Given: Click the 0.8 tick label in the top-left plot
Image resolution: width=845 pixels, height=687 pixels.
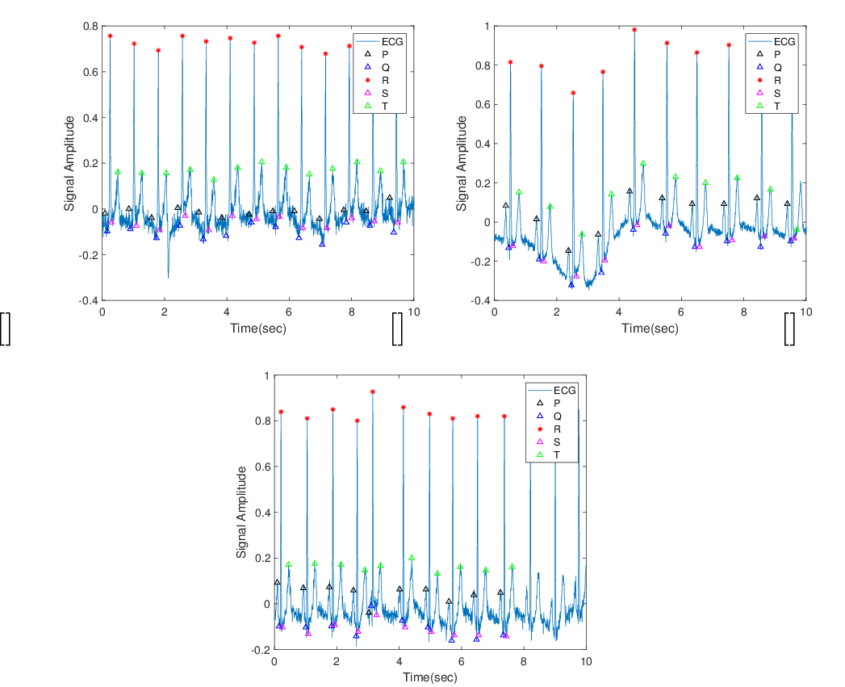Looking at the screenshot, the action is click(91, 26).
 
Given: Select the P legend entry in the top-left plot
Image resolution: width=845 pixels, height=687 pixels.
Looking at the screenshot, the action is click(377, 54).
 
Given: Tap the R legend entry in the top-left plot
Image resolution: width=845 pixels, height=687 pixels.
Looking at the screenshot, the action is click(377, 80).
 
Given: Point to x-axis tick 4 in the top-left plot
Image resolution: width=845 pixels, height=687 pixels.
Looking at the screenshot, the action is click(227, 312).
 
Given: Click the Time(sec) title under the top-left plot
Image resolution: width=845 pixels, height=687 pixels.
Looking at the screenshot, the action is click(258, 328).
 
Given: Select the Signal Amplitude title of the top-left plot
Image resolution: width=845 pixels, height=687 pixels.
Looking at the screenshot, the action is click(69, 163).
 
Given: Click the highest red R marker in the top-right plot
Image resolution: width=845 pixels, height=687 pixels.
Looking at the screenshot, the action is click(634, 30).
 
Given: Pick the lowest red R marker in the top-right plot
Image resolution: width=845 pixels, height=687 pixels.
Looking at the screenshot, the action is click(573, 94).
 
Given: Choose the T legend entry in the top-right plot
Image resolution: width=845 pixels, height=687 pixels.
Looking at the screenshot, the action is click(769, 107).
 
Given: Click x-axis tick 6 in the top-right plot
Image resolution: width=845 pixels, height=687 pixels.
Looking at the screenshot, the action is click(681, 312).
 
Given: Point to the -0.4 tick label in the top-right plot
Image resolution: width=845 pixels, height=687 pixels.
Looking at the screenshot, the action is click(480, 300).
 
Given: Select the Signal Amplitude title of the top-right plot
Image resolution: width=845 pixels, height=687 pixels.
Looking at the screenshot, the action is click(462, 163).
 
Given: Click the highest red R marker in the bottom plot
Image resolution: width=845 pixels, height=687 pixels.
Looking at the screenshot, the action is click(372, 392).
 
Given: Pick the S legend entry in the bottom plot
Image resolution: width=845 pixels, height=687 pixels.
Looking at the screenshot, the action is click(549, 442).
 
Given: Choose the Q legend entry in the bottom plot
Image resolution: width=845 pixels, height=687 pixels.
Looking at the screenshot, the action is click(549, 417).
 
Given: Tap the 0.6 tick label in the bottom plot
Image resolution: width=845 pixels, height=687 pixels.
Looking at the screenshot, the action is click(263, 467).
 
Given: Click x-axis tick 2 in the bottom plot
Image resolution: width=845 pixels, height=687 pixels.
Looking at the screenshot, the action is click(337, 661).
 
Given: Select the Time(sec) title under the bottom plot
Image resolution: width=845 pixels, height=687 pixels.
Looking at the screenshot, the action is click(430, 677).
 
